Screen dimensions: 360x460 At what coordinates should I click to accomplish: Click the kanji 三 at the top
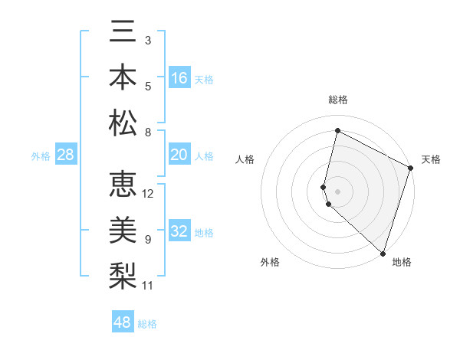(123, 31)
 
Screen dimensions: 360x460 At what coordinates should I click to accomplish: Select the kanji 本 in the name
(123, 77)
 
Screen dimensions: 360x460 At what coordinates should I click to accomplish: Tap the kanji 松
(123, 123)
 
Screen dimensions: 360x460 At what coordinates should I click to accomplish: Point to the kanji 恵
(123, 185)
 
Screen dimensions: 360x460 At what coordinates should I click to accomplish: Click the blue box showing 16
(179, 78)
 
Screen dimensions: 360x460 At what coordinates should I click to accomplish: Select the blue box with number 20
(179, 155)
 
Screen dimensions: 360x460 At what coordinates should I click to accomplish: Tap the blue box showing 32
(179, 231)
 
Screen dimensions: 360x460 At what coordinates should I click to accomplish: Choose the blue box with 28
(66, 155)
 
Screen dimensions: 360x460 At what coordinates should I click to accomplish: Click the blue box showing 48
(123, 322)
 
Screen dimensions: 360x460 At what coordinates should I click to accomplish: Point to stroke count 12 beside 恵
(148, 194)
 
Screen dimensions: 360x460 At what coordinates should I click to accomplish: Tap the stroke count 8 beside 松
(148, 132)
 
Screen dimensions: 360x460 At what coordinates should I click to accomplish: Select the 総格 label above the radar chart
(337, 100)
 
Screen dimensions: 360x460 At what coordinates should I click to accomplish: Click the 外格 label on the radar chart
(270, 262)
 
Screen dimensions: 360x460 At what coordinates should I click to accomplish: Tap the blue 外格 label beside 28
(41, 156)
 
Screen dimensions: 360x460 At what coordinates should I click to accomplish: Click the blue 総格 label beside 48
(147, 324)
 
